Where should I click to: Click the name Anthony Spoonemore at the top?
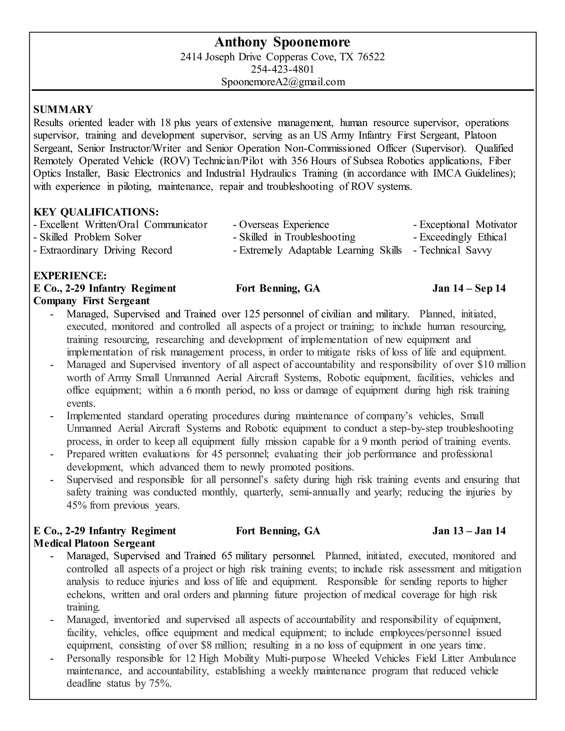pos(282,42)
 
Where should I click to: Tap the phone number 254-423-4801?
pos(282,69)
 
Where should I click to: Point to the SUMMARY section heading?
pos(63,110)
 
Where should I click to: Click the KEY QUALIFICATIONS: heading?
pos(96,212)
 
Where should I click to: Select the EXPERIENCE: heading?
pos(70,276)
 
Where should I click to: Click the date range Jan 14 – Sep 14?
pos(469,288)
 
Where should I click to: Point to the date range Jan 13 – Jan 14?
pos(469,531)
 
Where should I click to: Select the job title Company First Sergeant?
pos(91,301)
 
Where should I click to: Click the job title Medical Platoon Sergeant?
pos(94,543)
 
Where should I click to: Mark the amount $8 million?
pos(223,645)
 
